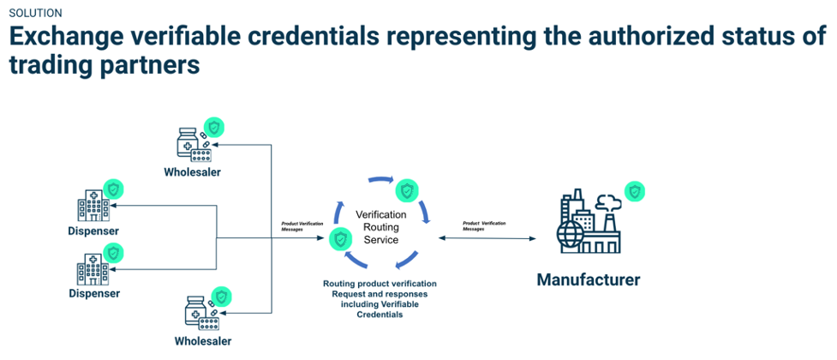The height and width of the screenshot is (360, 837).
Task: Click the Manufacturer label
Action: point(588,279)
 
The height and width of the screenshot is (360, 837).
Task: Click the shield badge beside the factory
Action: point(634,190)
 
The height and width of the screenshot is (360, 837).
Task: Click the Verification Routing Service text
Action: point(378,227)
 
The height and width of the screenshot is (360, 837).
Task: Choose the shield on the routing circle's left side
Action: point(340,239)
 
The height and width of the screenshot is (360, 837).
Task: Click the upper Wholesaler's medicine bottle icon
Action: point(186,141)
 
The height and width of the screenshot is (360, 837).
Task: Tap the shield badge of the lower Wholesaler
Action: point(222,296)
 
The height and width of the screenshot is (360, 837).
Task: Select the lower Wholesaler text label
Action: point(203,340)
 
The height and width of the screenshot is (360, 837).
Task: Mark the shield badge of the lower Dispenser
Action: point(113,253)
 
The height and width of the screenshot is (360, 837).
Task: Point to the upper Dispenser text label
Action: point(93,231)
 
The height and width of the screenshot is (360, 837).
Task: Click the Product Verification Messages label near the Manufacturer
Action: point(484,225)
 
